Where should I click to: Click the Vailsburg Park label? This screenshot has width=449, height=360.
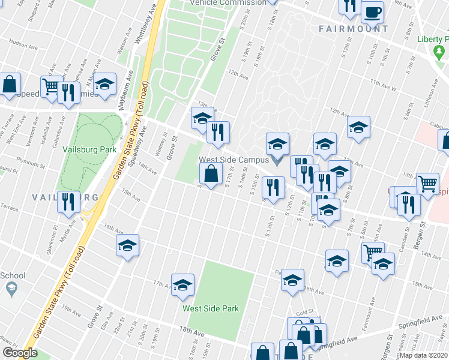pos(89,149)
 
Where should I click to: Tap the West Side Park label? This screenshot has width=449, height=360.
pos(211,309)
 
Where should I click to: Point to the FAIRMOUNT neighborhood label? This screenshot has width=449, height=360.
pos(354,29)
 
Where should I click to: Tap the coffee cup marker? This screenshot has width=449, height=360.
pos(373,12)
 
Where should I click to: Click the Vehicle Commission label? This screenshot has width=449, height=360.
pos(228,2)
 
